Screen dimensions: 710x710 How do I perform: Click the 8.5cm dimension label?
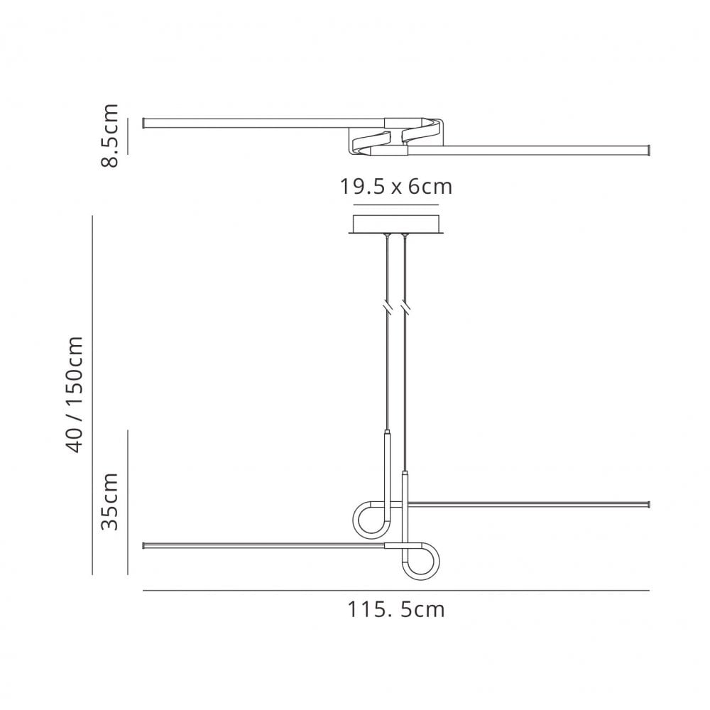click(109, 136)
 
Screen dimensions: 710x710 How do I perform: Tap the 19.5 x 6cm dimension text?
click(395, 187)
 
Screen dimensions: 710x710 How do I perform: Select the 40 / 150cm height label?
click(77, 393)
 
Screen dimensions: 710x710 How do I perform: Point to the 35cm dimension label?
click(109, 501)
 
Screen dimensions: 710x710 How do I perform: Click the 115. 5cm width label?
click(395, 609)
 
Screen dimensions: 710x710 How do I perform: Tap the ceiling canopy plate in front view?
click(395, 224)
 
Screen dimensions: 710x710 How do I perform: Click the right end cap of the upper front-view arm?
click(648, 505)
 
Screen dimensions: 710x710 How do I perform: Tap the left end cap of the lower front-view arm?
click(145, 546)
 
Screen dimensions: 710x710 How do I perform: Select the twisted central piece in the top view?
click(395, 136)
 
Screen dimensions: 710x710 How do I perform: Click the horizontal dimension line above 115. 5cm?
click(395, 591)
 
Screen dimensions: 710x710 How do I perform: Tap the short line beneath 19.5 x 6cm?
click(395, 206)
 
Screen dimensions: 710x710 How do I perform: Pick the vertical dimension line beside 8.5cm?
click(128, 136)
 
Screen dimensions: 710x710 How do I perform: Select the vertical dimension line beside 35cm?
click(128, 502)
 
